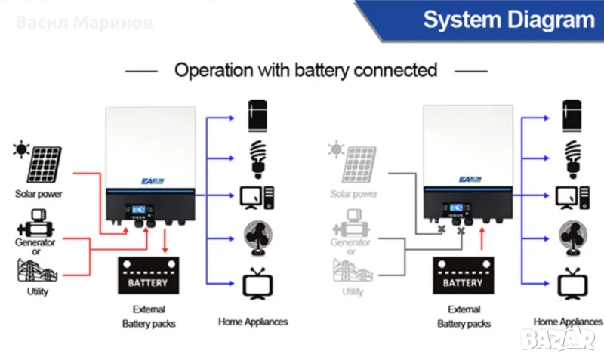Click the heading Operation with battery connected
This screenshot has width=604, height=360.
(306, 70)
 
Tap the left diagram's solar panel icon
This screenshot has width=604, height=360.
(44, 165)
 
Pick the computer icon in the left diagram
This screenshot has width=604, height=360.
(257, 197)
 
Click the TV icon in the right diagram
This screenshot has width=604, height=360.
(569, 283)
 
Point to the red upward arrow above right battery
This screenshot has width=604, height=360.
(481, 238)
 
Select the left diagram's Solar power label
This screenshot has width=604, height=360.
(38, 194)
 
